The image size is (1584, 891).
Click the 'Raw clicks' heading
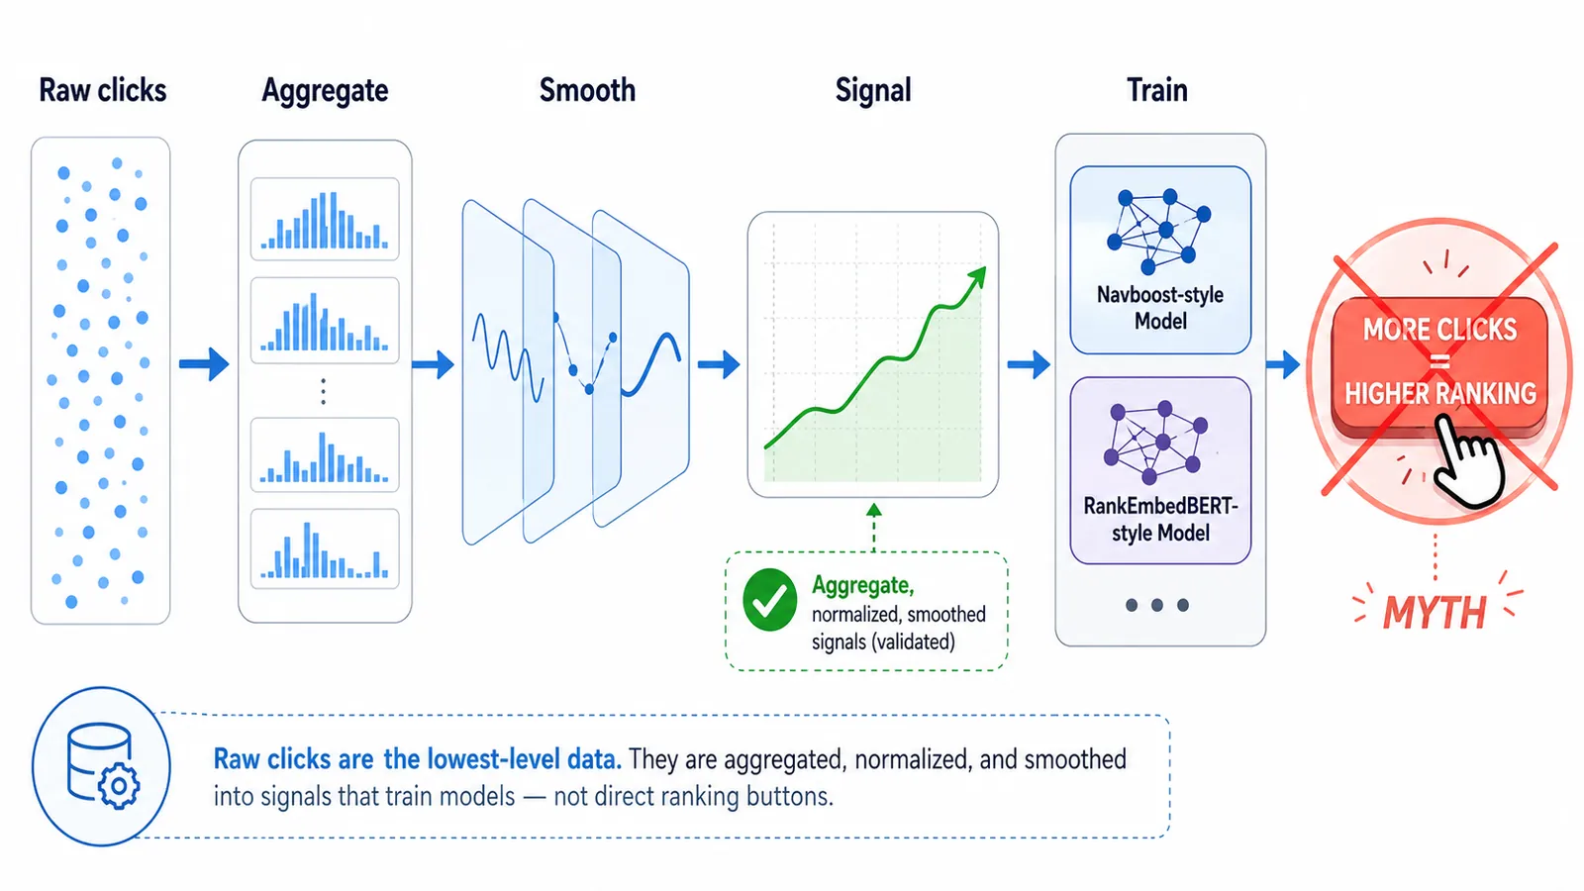tap(102, 90)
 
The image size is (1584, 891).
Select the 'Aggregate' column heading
tap(325, 91)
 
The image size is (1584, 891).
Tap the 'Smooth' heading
tap(587, 90)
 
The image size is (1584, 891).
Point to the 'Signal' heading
tap(872, 90)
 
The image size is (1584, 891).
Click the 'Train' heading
tap(1156, 90)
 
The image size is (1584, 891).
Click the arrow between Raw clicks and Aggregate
tap(204, 364)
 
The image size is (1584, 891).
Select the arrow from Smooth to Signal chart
tap(719, 364)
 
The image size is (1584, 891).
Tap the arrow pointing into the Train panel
tap(1029, 364)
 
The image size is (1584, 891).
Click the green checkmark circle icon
tap(769, 600)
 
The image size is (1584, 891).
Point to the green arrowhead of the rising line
tap(977, 276)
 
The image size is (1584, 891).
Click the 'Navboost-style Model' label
tap(1160, 308)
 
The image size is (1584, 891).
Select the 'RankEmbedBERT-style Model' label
tap(1160, 519)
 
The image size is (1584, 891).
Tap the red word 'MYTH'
tap(1435, 613)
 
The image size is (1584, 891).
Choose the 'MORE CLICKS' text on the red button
tap(1439, 330)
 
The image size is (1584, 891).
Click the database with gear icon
tap(102, 766)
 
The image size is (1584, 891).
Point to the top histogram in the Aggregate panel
tap(325, 220)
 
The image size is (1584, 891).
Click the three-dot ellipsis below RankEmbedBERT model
tap(1156, 605)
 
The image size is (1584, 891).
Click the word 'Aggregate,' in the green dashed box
tap(862, 585)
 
